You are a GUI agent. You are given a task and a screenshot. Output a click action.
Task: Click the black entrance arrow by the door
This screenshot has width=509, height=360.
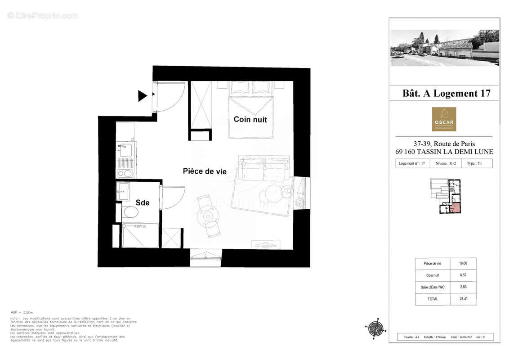pyautogui.click(x=143, y=95)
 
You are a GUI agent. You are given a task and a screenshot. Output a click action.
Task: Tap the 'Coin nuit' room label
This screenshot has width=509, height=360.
pyautogui.click(x=250, y=120)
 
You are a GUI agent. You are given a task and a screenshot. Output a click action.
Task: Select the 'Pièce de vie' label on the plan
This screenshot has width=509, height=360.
pyautogui.click(x=205, y=171)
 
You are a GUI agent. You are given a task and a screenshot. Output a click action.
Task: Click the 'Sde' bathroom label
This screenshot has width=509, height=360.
pyautogui.click(x=143, y=203)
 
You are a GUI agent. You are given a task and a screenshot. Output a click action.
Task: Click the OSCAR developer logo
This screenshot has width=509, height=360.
pyautogui.click(x=444, y=119)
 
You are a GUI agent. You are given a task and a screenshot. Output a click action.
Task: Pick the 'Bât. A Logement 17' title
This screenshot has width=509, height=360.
pyautogui.click(x=446, y=94)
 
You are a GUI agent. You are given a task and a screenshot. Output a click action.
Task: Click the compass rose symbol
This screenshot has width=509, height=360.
pyautogui.click(x=375, y=328)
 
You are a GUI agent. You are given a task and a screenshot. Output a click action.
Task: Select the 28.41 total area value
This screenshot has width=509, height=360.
pyautogui.click(x=463, y=299)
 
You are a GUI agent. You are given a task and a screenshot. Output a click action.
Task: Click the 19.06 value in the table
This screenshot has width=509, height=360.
pyautogui.click(x=463, y=264)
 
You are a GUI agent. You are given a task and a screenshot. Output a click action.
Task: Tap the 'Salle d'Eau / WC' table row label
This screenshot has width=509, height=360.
pyautogui.click(x=433, y=287)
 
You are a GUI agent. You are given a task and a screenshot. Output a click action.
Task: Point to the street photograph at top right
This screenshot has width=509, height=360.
pyautogui.click(x=444, y=48)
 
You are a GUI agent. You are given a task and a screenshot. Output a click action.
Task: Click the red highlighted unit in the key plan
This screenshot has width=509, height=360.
pyautogui.click(x=455, y=208)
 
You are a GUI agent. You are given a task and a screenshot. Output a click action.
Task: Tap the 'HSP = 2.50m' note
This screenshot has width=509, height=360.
pyautogui.click(x=22, y=312)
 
